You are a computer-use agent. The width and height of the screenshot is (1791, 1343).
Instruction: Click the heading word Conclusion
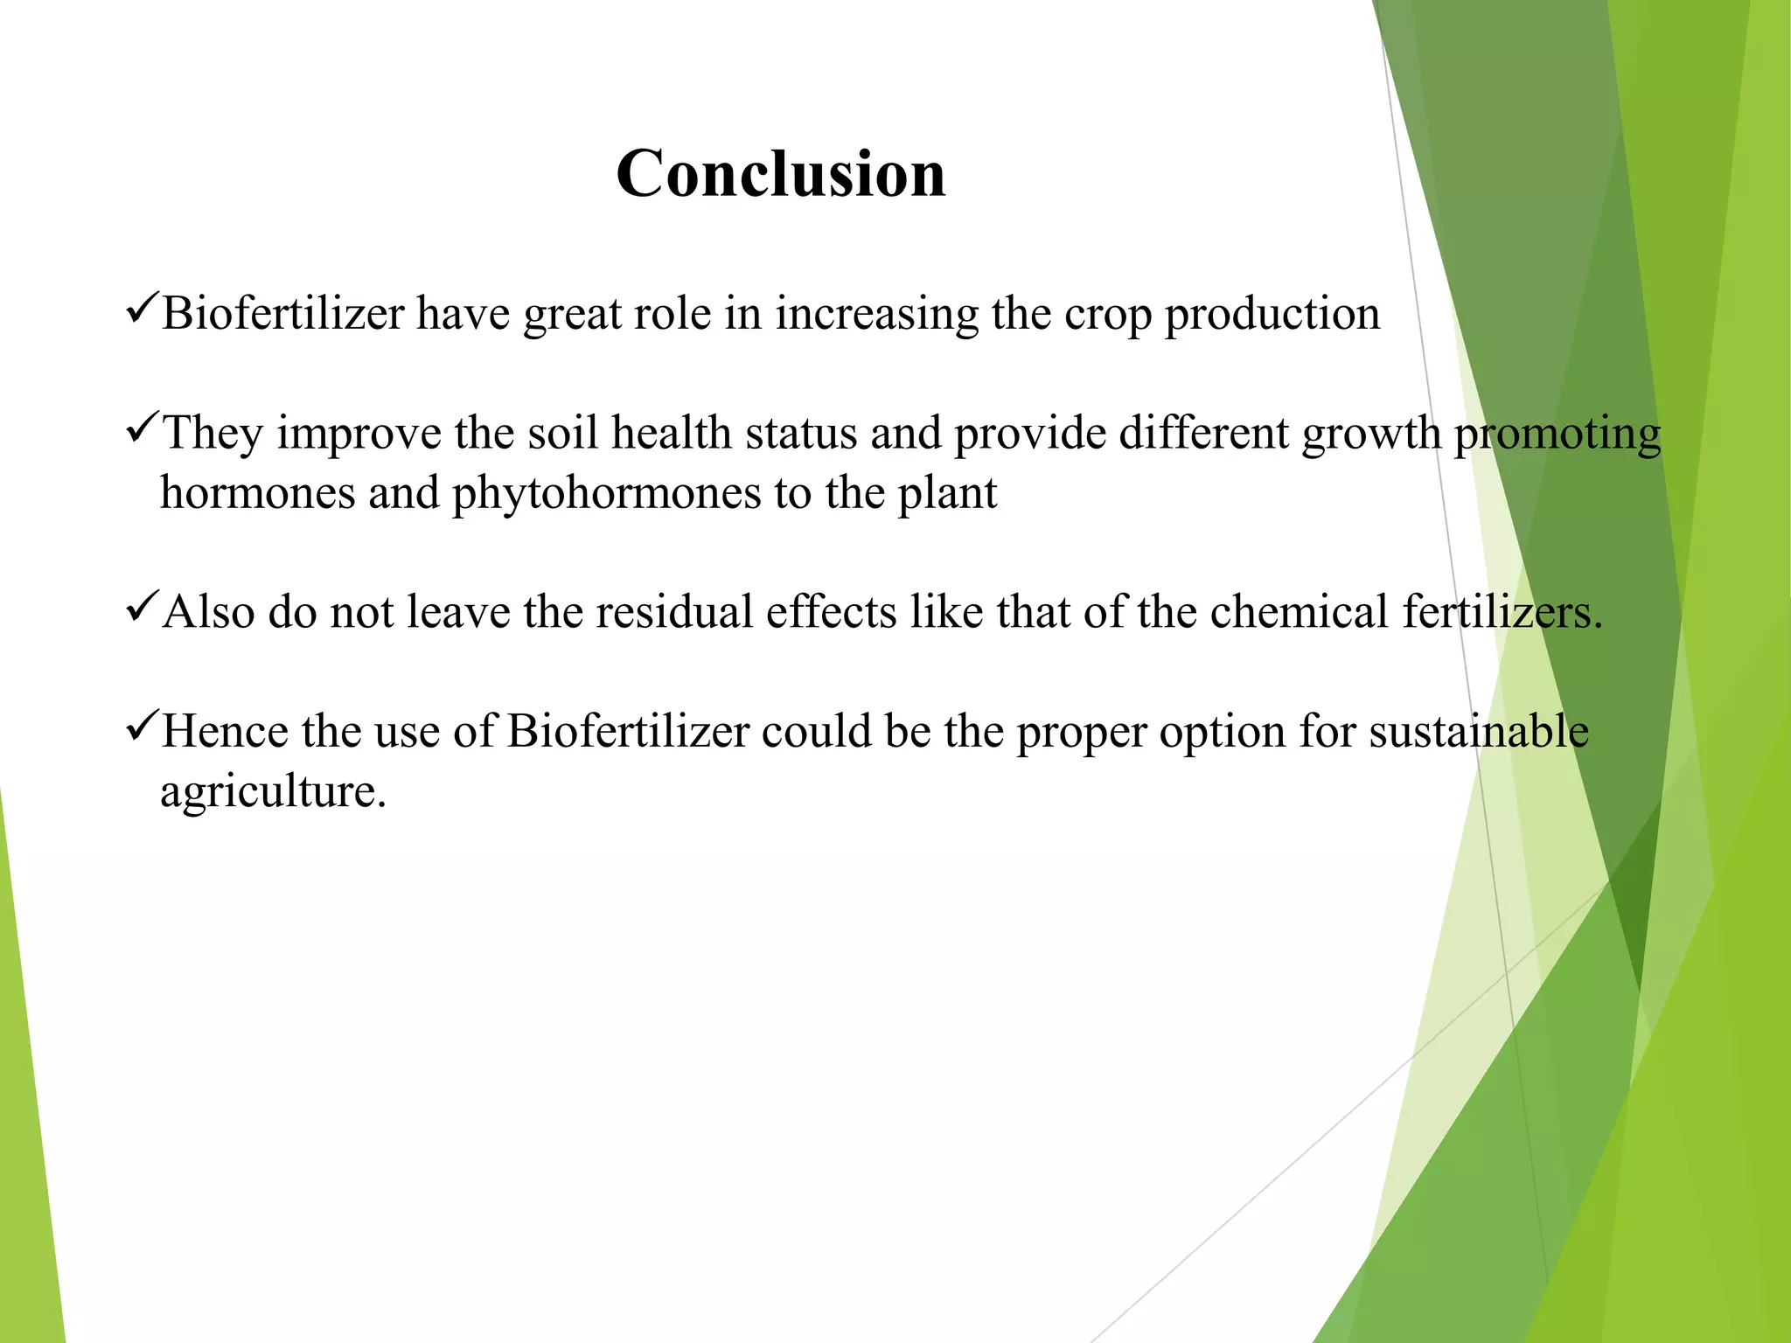tap(781, 173)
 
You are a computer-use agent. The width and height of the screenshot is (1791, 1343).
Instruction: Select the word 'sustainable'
tap(1479, 731)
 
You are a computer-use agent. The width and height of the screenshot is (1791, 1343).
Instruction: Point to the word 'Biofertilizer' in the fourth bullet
tap(628, 731)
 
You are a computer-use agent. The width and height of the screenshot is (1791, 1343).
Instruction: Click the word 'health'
tap(671, 433)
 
